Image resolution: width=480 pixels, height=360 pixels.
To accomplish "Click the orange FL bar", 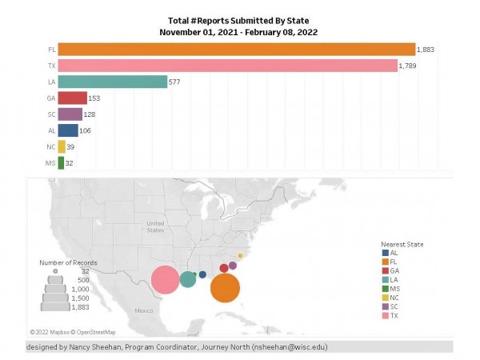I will pos(236,49).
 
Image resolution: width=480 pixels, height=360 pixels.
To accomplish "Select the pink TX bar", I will pos(227,65).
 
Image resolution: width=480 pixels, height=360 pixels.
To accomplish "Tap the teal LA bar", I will pos(112,82).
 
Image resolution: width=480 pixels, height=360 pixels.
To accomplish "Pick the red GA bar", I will pos(72,98).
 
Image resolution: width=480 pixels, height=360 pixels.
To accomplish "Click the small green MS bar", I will pos(61,162).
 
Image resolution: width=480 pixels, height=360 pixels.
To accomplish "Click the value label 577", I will pos(176,82).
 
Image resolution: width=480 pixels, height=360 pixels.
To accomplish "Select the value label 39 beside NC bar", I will pos(72,146).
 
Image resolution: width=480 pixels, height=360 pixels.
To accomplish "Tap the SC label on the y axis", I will pos(51,114).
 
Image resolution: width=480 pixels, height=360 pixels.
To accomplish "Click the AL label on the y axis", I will pos(51,130).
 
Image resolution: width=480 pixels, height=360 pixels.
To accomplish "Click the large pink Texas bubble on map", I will pos(166,280).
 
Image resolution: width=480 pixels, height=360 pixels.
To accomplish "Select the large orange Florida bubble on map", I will pos(226,286).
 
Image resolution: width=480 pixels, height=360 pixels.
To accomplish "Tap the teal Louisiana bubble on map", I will pos(188,279).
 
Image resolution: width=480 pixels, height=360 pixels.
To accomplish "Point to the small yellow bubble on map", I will pos(240,256).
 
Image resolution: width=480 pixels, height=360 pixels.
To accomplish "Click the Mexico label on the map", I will pos(143,310).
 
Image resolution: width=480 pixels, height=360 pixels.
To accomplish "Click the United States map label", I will pos(155,226).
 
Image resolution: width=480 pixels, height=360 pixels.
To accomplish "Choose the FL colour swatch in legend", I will pos(386,262).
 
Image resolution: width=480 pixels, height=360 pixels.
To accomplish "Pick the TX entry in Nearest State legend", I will pos(394,315).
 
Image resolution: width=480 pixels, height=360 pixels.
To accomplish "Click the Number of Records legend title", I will pos(69,262).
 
